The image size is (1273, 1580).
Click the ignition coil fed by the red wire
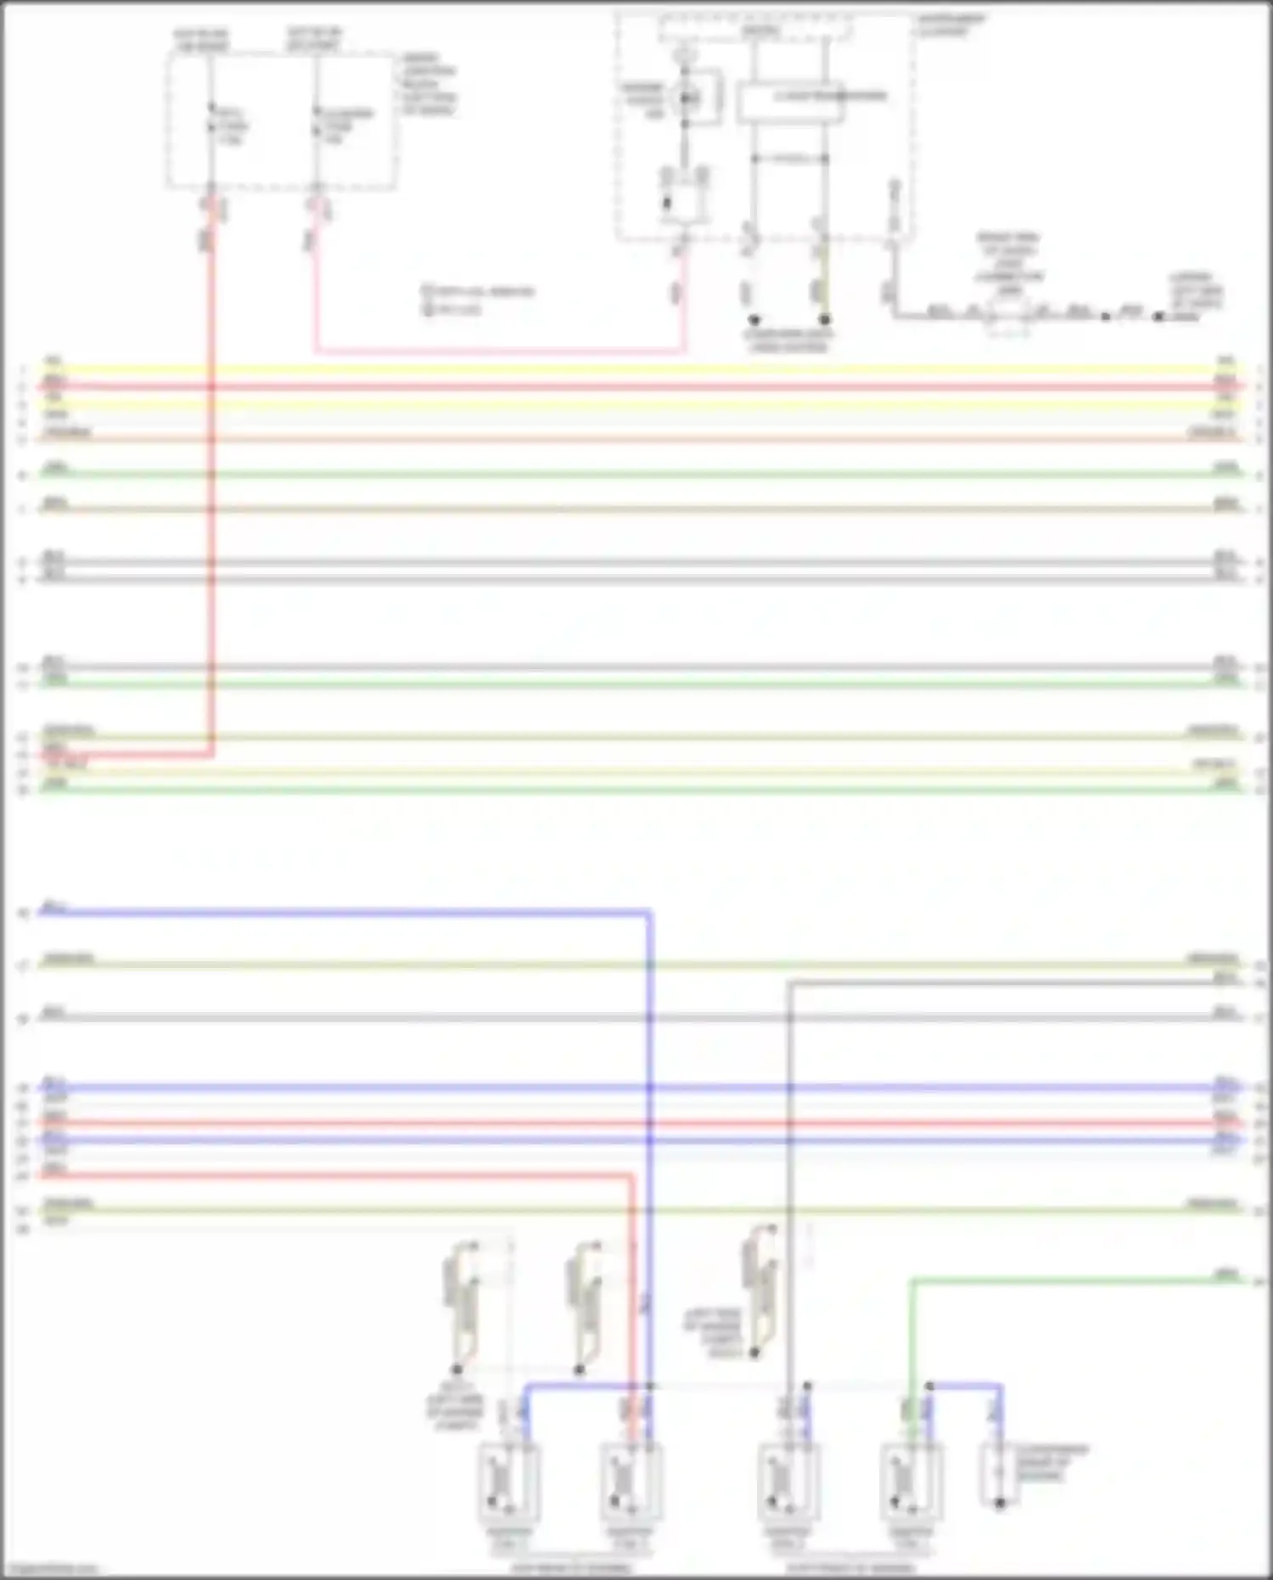pos(631,1482)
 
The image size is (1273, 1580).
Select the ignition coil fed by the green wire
pos(911,1482)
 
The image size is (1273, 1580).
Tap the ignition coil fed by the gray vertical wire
pos(788,1482)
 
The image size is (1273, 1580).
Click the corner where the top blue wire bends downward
pos(649,913)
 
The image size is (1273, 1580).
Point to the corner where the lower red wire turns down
pos(631,1176)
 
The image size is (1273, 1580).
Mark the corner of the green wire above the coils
pos(911,1280)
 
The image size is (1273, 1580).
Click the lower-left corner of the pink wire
pos(317,350)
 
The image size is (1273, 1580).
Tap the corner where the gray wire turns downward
pos(789,983)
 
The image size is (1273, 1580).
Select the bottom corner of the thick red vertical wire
pos(211,753)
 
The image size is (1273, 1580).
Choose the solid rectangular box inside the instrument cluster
pos(789,102)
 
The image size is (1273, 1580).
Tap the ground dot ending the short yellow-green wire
pos(824,320)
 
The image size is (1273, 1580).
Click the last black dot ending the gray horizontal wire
pos(1158,316)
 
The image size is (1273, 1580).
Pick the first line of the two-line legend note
pos(479,291)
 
